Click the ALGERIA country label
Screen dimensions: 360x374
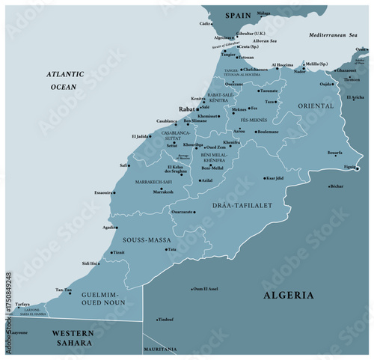pyautogui.click(x=288, y=296)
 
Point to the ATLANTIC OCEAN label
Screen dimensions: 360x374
pyautogui.click(x=65, y=80)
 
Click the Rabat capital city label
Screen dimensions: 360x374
pyautogui.click(x=186, y=109)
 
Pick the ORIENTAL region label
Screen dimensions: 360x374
pyautogui.click(x=315, y=106)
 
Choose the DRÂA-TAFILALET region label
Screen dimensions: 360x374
pyautogui.click(x=244, y=204)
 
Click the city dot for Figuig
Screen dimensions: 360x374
pyautogui.click(x=357, y=168)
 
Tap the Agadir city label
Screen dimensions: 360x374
pyautogui.click(x=109, y=227)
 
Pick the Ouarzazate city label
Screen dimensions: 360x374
pyautogui.click(x=182, y=212)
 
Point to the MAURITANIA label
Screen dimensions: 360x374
pyautogui.click(x=161, y=350)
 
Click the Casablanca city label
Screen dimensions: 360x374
pyautogui.click(x=166, y=120)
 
